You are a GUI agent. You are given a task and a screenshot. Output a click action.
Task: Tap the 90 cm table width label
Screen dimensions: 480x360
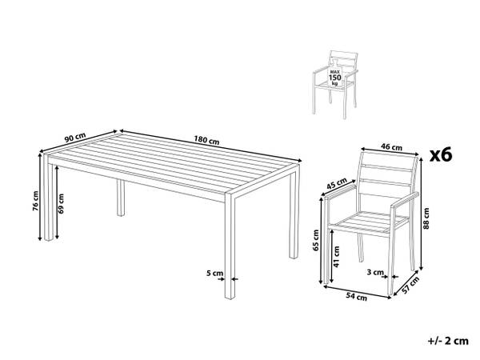point(75,137)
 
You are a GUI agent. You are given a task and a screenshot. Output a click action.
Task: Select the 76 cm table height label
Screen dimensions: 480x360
point(36,201)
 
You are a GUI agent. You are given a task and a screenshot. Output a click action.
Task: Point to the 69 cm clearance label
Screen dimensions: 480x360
point(61,203)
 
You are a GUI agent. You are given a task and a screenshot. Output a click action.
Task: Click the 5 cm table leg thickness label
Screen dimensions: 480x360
point(215,273)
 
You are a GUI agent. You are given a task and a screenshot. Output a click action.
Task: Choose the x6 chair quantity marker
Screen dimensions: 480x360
point(441,155)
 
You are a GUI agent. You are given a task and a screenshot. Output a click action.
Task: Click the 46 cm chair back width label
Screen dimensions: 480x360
point(391,147)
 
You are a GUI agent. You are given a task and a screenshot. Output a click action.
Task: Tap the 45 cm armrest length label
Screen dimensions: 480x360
point(337,184)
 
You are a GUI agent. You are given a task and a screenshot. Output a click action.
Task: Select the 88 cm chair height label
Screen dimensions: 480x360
point(426,218)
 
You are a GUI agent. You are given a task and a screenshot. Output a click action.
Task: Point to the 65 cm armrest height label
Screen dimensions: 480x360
point(316,240)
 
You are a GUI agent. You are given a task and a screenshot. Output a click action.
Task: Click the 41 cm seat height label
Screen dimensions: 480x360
point(337,257)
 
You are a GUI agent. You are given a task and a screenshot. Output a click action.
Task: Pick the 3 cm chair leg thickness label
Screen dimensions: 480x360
point(375,272)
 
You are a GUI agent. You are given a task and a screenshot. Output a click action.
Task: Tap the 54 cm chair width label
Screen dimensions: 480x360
point(357,296)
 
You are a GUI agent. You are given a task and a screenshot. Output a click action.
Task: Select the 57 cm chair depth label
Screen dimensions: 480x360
point(410,286)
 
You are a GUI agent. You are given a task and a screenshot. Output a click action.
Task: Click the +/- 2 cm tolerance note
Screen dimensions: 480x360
point(448,341)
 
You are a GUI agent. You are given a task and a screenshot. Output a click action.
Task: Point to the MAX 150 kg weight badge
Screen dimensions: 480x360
point(335,77)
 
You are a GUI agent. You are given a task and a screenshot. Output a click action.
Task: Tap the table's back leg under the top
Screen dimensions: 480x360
point(121,198)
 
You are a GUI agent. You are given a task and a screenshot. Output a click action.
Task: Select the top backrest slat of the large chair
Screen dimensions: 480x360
point(388,168)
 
